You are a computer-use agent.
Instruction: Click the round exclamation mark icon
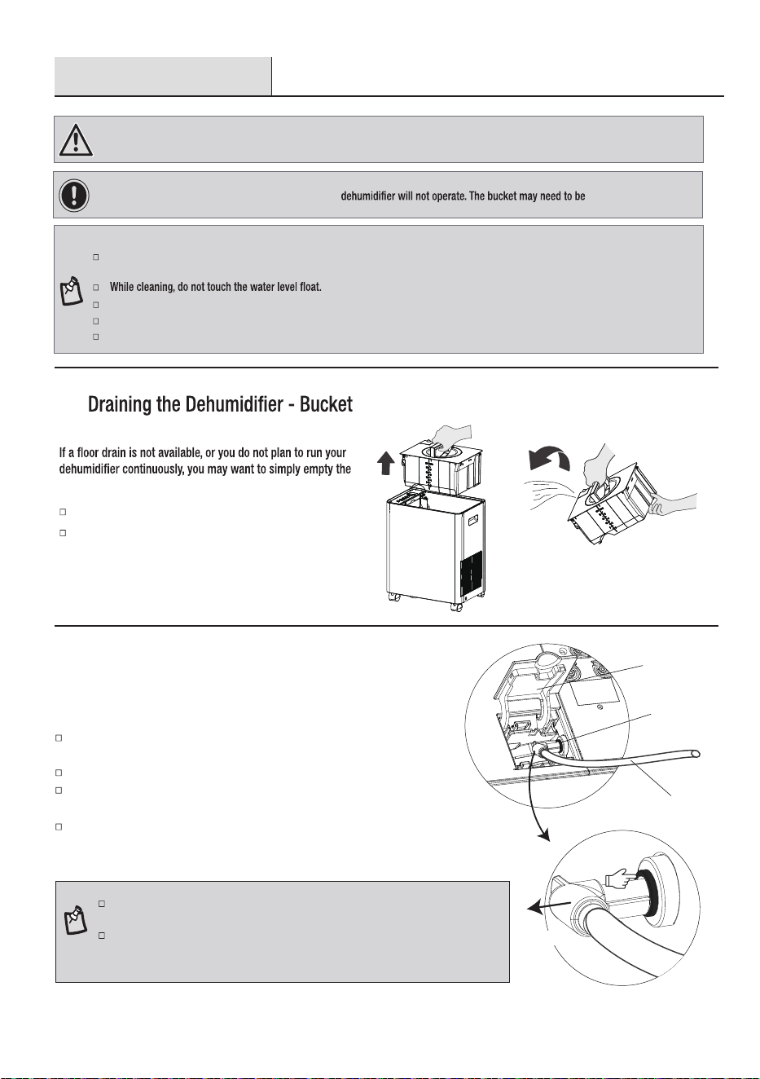point(73,195)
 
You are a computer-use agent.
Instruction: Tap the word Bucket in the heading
point(326,404)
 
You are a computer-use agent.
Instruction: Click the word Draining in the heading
point(120,404)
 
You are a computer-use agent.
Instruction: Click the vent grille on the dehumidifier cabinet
point(472,578)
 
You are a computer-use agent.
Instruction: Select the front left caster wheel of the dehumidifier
point(395,598)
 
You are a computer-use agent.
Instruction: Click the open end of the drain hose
point(695,753)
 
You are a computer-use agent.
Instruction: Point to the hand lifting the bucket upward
point(448,437)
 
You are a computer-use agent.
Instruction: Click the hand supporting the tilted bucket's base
point(672,504)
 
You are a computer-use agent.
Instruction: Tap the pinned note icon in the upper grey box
point(71,290)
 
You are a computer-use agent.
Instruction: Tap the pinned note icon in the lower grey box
point(76,919)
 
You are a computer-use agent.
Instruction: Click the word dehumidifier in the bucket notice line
point(368,196)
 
